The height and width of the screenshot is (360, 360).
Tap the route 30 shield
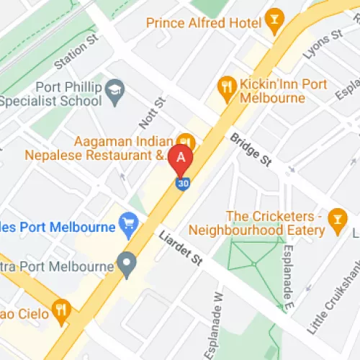pos(183,184)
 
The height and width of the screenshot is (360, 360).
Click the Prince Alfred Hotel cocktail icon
pos(273,22)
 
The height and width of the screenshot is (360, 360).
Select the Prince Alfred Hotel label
pos(204,22)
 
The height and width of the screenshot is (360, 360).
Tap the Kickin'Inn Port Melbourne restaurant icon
pos(227,86)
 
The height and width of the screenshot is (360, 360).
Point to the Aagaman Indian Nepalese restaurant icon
pos(186,140)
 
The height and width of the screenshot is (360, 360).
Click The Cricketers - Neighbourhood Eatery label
pos(258,222)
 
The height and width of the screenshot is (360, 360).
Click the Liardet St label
pos(181,248)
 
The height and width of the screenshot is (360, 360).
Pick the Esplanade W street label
pos(217,317)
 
